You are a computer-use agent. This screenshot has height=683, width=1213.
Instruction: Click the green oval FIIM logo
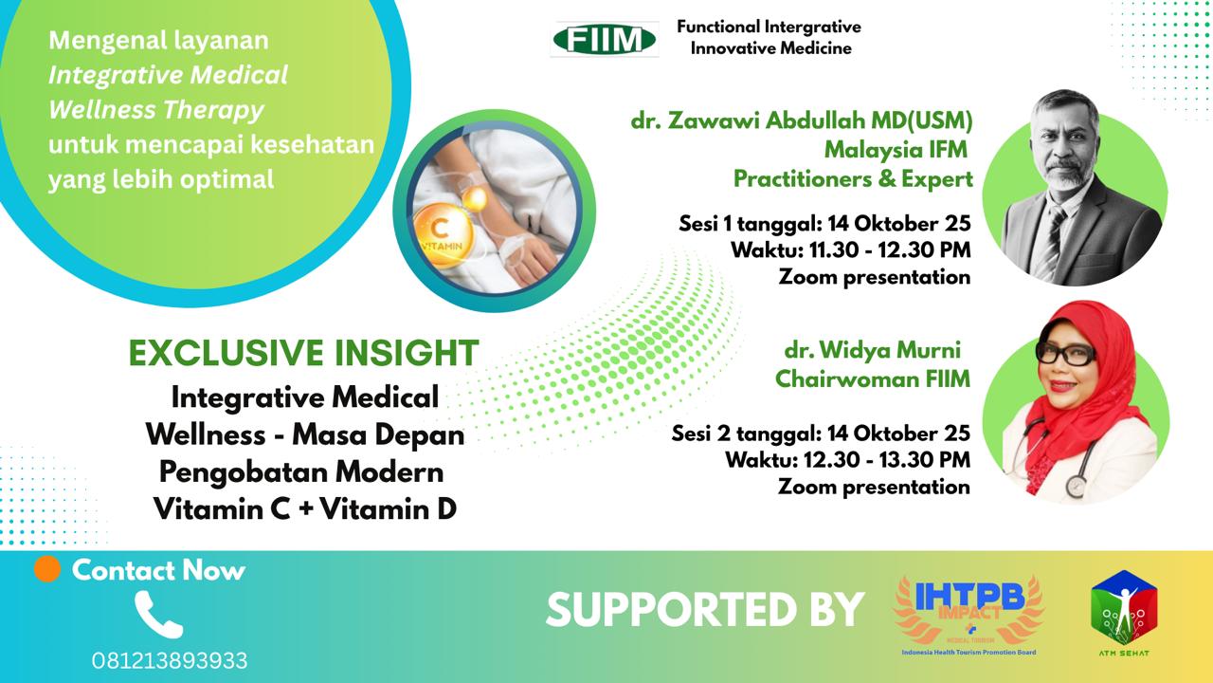[x=605, y=40]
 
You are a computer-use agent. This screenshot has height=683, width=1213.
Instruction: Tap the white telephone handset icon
[x=158, y=614]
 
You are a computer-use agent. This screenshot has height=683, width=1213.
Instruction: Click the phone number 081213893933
[x=170, y=661]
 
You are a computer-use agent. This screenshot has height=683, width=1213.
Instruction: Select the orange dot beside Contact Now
[x=47, y=569]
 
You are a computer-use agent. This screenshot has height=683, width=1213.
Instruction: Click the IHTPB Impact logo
[x=969, y=615]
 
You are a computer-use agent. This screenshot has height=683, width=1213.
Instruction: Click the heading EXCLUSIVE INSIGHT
[x=304, y=353]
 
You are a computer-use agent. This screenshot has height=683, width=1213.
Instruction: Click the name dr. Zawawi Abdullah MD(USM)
[x=802, y=120]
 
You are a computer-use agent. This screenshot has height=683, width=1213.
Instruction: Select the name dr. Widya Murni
[x=873, y=350]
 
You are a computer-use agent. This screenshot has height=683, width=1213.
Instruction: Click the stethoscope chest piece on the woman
[x=1076, y=486]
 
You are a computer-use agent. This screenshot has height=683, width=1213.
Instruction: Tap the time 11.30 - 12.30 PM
[x=890, y=250]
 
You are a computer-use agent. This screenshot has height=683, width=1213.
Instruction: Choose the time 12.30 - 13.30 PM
[x=886, y=460]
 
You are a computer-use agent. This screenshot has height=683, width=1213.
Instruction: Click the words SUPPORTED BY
[x=705, y=609]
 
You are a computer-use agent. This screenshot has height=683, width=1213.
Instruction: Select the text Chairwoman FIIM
[x=873, y=378]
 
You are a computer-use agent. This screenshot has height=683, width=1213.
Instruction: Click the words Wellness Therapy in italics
[x=156, y=111]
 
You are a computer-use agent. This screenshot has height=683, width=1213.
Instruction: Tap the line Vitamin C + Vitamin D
[x=305, y=509]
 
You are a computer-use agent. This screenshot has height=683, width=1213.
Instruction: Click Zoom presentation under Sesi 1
[x=875, y=277]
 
